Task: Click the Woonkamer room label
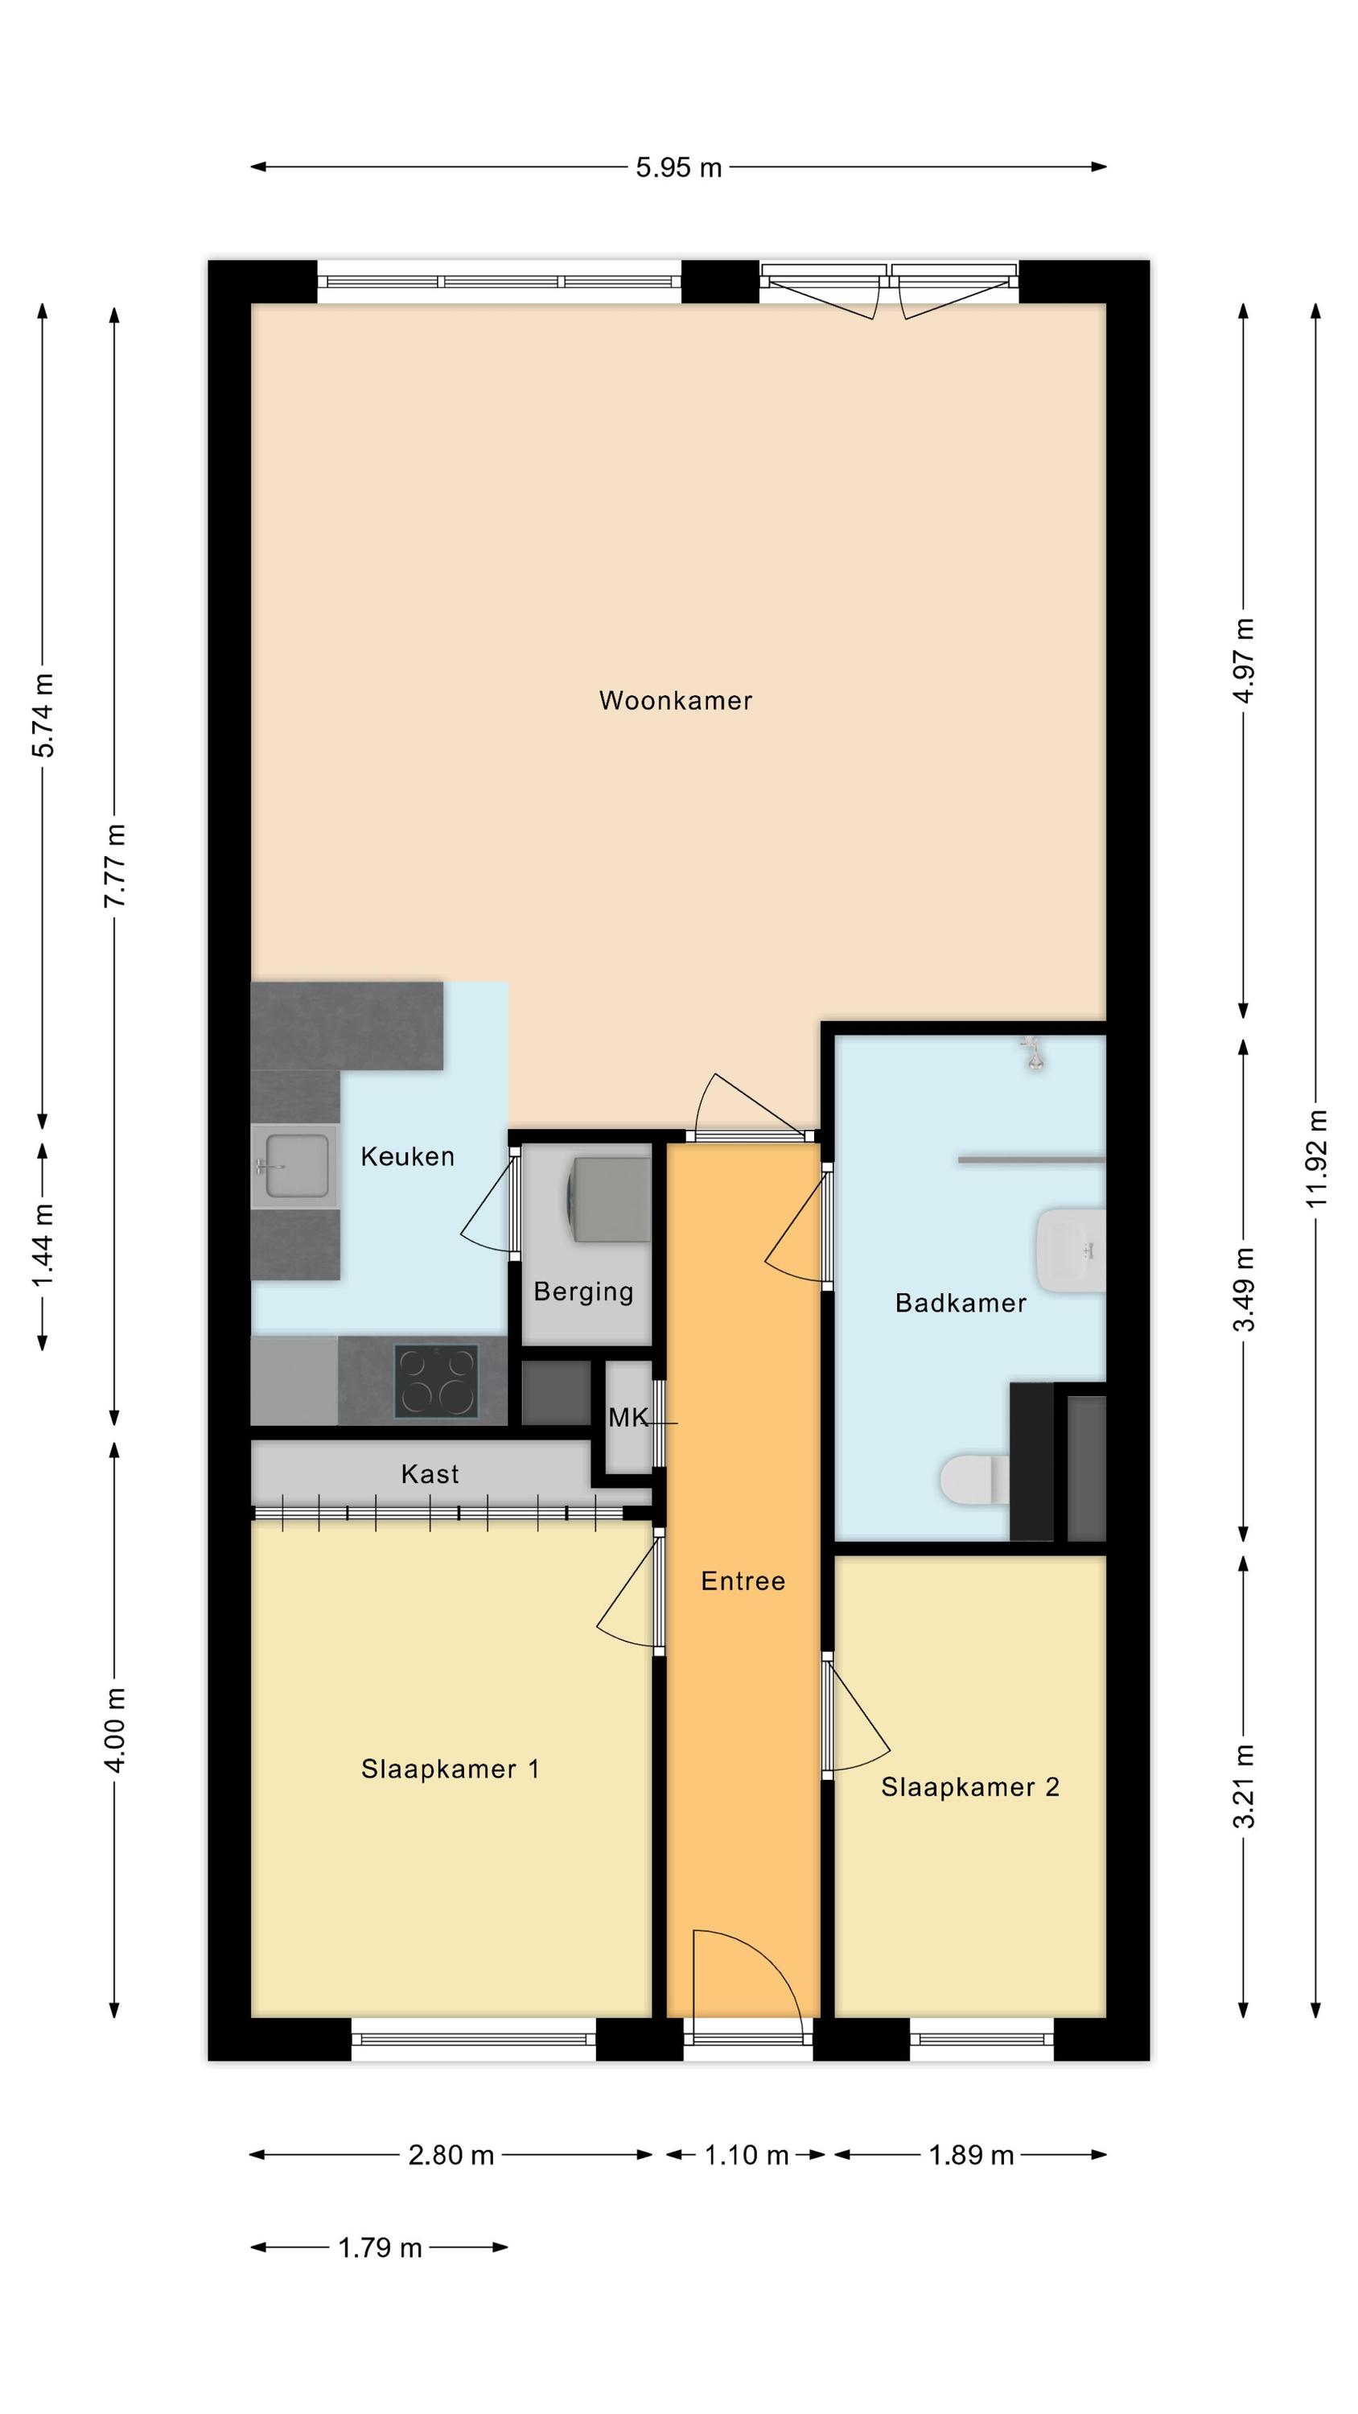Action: click(x=675, y=700)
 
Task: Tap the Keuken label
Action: click(x=408, y=1156)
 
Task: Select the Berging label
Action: click(x=583, y=1292)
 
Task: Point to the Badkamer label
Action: click(x=961, y=1303)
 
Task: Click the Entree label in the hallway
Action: click(x=743, y=1581)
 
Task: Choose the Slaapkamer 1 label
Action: click(x=450, y=1769)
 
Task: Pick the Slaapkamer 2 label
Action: click(x=970, y=1787)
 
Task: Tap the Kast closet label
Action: click(x=430, y=1474)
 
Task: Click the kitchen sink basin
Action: click(x=297, y=1166)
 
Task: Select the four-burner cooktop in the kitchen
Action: click(x=436, y=1382)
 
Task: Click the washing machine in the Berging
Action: click(x=608, y=1200)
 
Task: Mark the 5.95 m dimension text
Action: click(x=678, y=167)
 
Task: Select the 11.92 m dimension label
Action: click(x=1317, y=1157)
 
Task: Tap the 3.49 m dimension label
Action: click(x=1244, y=1289)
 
